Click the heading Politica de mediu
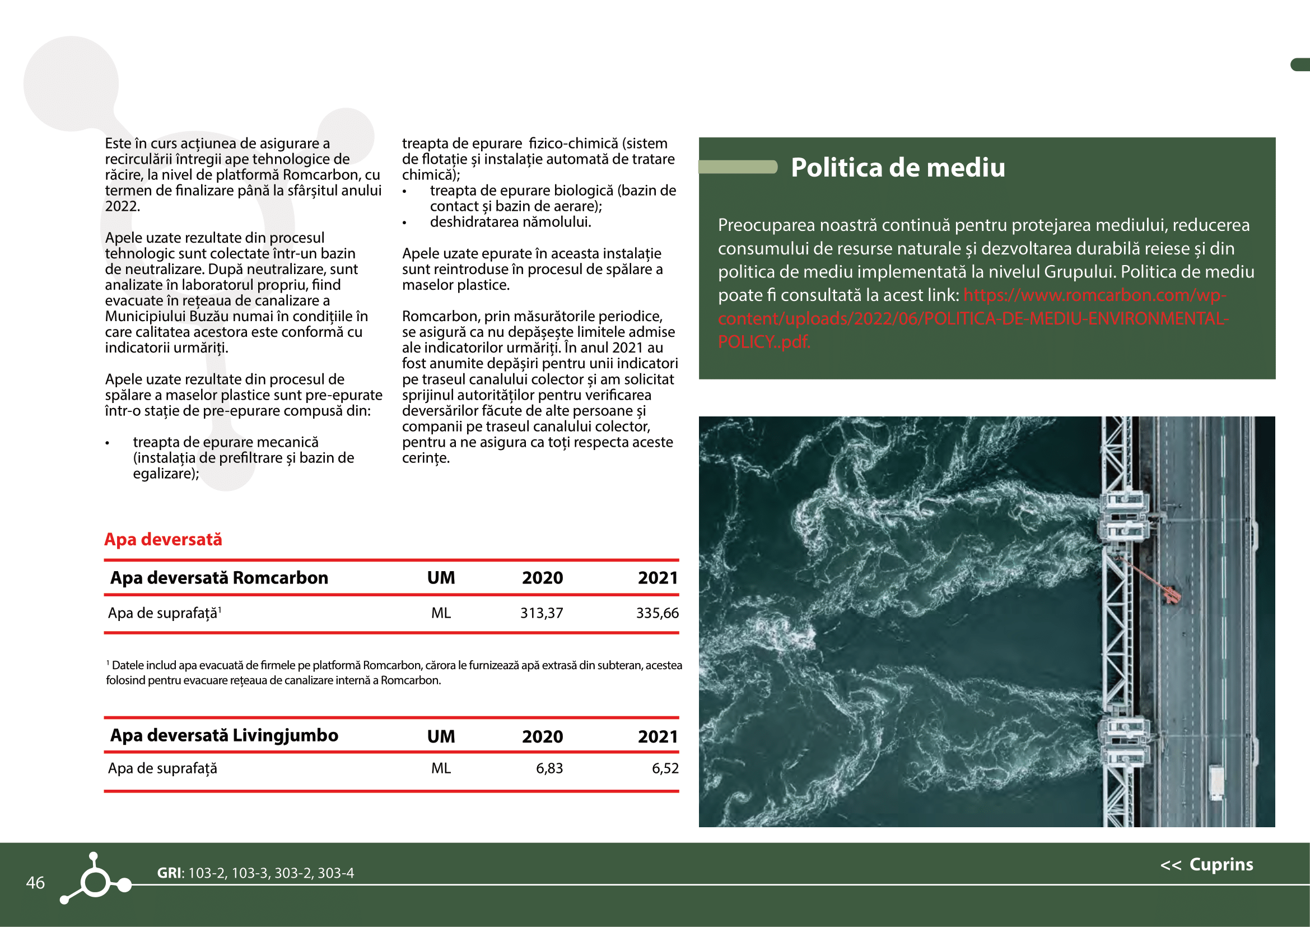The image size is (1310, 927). pyautogui.click(x=897, y=168)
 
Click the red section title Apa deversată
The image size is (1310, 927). pyautogui.click(x=163, y=539)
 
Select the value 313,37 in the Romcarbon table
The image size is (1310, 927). pyautogui.click(x=541, y=613)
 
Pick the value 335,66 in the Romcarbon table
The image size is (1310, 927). pyautogui.click(x=658, y=613)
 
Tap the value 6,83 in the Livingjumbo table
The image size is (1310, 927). pyautogui.click(x=549, y=768)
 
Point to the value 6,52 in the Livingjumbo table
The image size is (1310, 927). pyautogui.click(x=665, y=768)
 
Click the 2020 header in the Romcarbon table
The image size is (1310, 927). pyautogui.click(x=542, y=578)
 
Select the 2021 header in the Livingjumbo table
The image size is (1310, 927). pyautogui.click(x=658, y=736)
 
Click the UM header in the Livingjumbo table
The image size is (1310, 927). pyautogui.click(x=441, y=736)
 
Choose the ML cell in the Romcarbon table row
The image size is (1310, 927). pyautogui.click(x=441, y=613)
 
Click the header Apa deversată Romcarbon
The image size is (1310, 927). pyautogui.click(x=219, y=578)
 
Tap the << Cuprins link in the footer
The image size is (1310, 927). pyautogui.click(x=1207, y=864)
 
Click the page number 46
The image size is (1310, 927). pyautogui.click(x=35, y=883)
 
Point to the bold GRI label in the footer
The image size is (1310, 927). pyautogui.click(x=170, y=873)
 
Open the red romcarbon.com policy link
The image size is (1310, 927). pyautogui.click(x=973, y=318)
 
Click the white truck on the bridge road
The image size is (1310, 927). pyautogui.click(x=1216, y=782)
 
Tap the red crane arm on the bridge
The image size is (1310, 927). pyautogui.click(x=1150, y=580)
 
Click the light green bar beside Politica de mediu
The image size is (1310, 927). pyautogui.click(x=738, y=166)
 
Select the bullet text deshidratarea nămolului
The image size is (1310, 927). pyautogui.click(x=510, y=222)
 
